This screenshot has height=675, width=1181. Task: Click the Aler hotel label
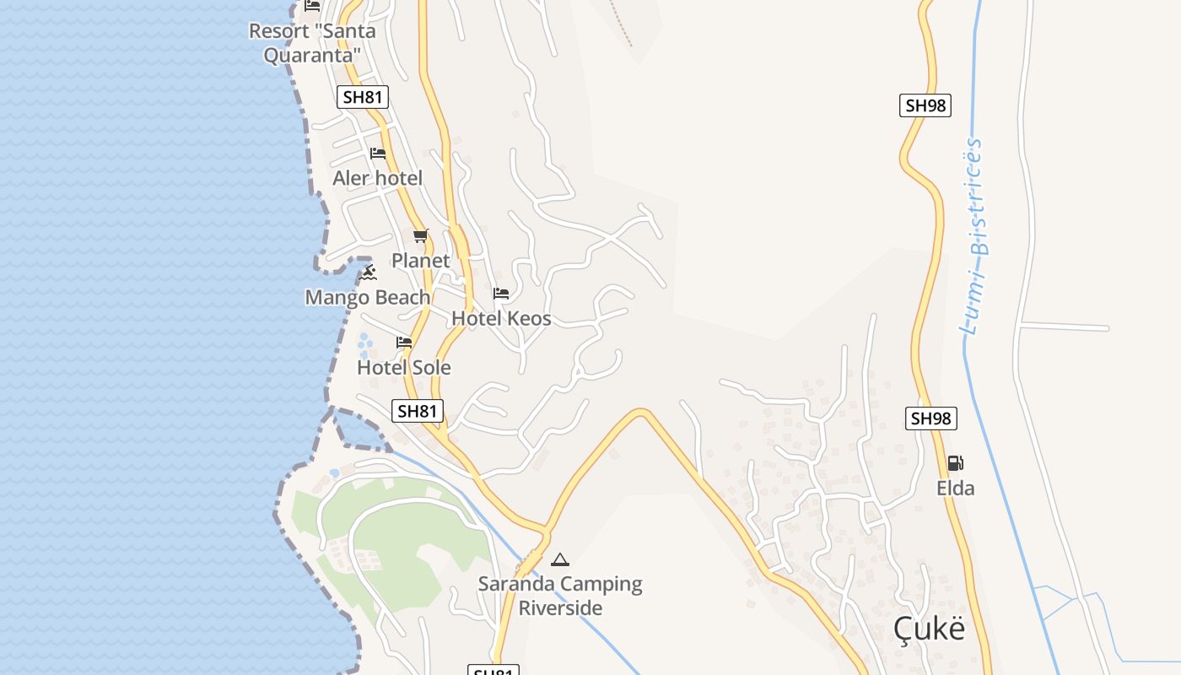pyautogui.click(x=377, y=178)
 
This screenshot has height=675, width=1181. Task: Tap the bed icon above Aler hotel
pyautogui.click(x=378, y=154)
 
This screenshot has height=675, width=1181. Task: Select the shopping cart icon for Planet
pyautogui.click(x=421, y=236)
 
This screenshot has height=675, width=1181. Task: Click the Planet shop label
pyautogui.click(x=421, y=261)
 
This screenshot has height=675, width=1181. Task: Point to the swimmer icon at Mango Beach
pyautogui.click(x=368, y=273)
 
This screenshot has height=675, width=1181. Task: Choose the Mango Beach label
pyautogui.click(x=368, y=297)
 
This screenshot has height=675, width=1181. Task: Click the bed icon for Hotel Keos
pyautogui.click(x=501, y=294)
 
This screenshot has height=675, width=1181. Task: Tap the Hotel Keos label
pyautogui.click(x=501, y=318)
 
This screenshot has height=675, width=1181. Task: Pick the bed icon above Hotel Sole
pyautogui.click(x=404, y=343)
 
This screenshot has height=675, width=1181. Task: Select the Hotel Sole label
pyautogui.click(x=404, y=367)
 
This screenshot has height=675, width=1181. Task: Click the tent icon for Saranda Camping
pyautogui.click(x=560, y=559)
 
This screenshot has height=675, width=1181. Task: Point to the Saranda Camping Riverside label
pyautogui.click(x=560, y=596)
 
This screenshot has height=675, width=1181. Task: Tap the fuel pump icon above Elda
pyautogui.click(x=956, y=462)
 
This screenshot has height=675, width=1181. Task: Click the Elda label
pyautogui.click(x=956, y=488)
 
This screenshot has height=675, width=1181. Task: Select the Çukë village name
pyautogui.click(x=929, y=629)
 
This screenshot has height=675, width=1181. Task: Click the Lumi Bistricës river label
pyautogui.click(x=975, y=236)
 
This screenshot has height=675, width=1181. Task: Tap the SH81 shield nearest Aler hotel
pyautogui.click(x=364, y=97)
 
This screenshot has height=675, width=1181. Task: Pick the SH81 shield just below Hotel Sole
pyautogui.click(x=418, y=411)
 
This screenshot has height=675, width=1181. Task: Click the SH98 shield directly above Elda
pyautogui.click(x=931, y=418)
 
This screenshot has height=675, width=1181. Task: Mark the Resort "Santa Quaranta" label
pyautogui.click(x=312, y=43)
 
